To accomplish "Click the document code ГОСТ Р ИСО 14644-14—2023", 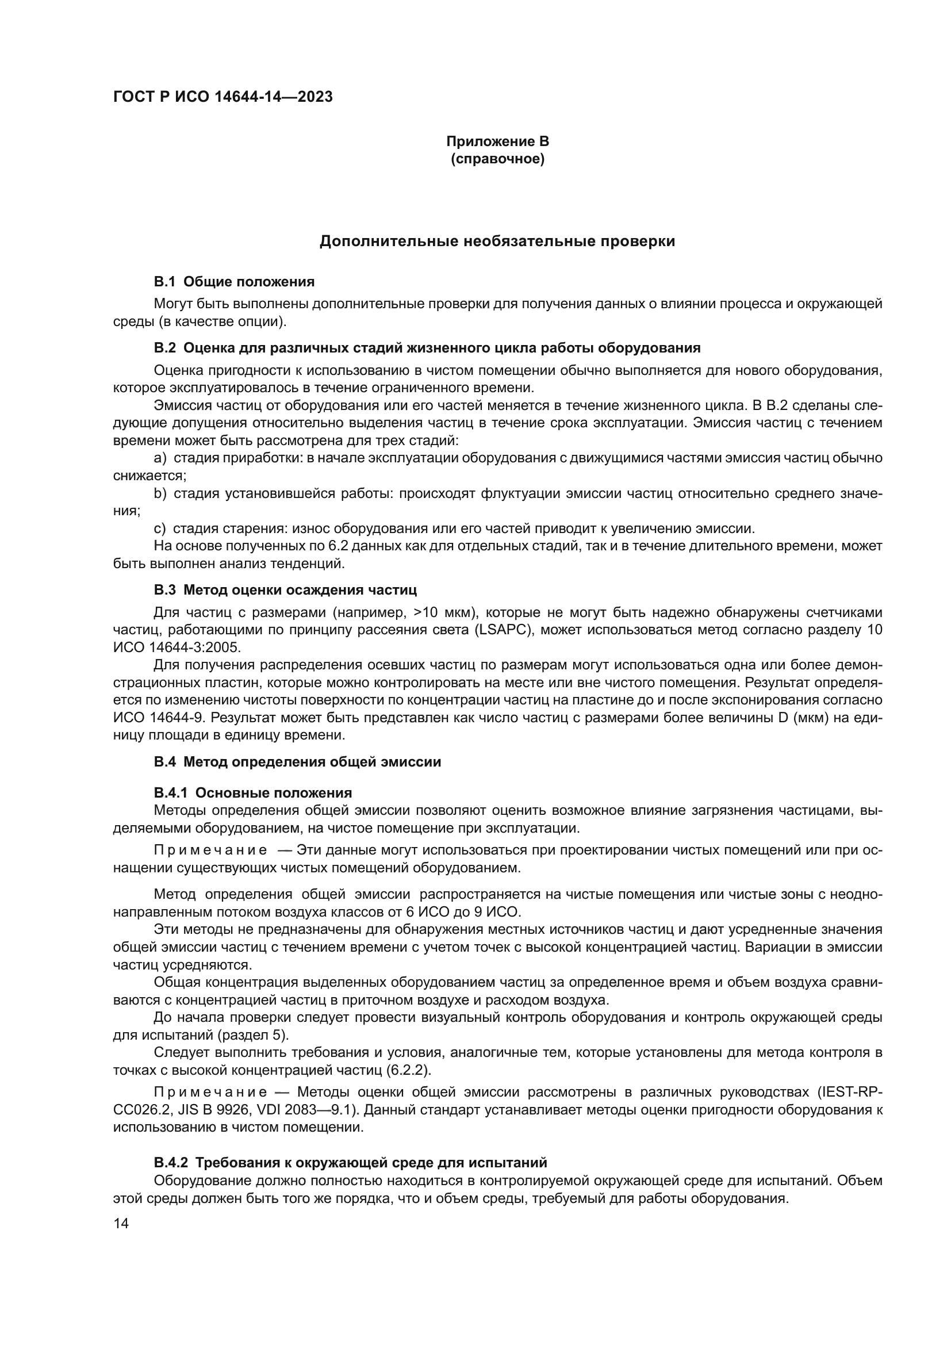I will click(x=223, y=97).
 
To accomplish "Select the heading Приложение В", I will click(x=497, y=141).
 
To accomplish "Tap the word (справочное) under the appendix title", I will click(x=497, y=159).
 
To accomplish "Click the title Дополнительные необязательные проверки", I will click(x=497, y=242).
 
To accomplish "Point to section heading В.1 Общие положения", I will click(x=234, y=282).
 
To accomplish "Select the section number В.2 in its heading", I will click(x=164, y=348).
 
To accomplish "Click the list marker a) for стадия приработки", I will click(x=160, y=458).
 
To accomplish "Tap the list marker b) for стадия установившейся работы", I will click(x=160, y=493).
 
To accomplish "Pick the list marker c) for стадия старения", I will click(x=160, y=528).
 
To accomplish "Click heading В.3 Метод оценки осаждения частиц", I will click(x=285, y=589).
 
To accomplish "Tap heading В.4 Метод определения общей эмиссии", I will click(x=297, y=761).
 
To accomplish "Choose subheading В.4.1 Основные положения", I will click(x=253, y=793).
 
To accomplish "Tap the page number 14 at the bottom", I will click(x=121, y=1224).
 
